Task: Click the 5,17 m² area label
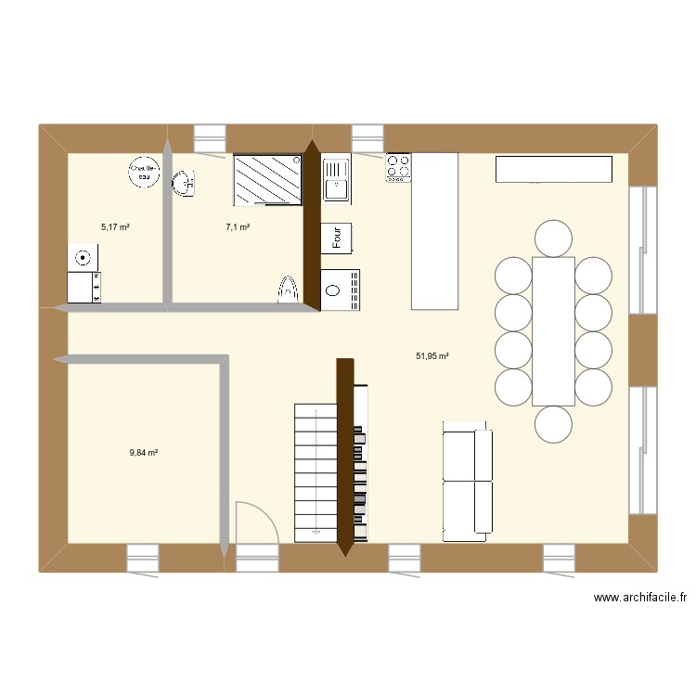point(115,226)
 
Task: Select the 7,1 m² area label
point(238,226)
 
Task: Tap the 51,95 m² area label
point(433,355)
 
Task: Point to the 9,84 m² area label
point(144,453)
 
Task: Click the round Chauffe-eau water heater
point(144,171)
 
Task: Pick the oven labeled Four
point(337,237)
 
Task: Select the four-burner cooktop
point(398,167)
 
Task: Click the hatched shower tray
point(267,179)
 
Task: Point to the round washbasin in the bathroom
point(183,183)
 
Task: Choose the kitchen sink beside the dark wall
point(335,179)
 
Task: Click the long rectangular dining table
point(553,330)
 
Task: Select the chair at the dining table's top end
point(554,238)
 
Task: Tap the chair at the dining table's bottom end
point(554,424)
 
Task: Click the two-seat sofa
point(467,481)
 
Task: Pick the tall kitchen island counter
point(434,231)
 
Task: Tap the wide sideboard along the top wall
point(554,169)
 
